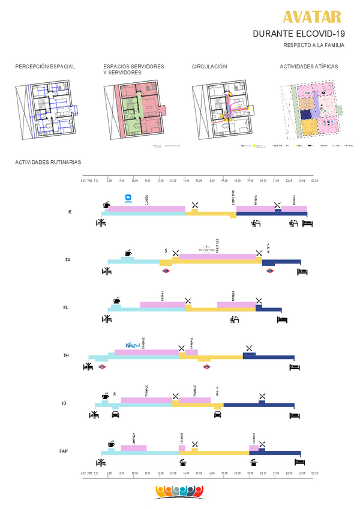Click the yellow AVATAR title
pyautogui.click(x=312, y=17)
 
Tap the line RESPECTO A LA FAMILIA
pyautogui.click(x=310, y=46)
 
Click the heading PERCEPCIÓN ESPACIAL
pyautogui.click(x=45, y=67)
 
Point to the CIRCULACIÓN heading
pyautogui.click(x=209, y=67)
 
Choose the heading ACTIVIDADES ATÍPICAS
pyautogui.click(x=309, y=67)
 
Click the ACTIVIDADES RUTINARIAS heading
pyautogui.click(x=48, y=162)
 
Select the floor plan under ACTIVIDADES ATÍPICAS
pyautogui.click(x=311, y=110)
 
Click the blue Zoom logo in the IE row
pyautogui.click(x=128, y=199)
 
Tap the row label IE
pyautogui.click(x=70, y=212)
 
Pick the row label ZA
pyautogui.click(x=68, y=259)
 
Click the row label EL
pyautogui.click(x=66, y=307)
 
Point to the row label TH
pyautogui.click(x=66, y=355)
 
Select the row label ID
pyautogui.click(x=64, y=403)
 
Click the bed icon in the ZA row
pyautogui.click(x=302, y=271)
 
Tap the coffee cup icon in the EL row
pyautogui.click(x=116, y=300)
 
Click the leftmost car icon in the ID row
pyautogui.click(x=115, y=415)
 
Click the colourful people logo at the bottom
pyautogui.click(x=178, y=491)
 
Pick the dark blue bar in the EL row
pyautogui.click(x=269, y=309)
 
